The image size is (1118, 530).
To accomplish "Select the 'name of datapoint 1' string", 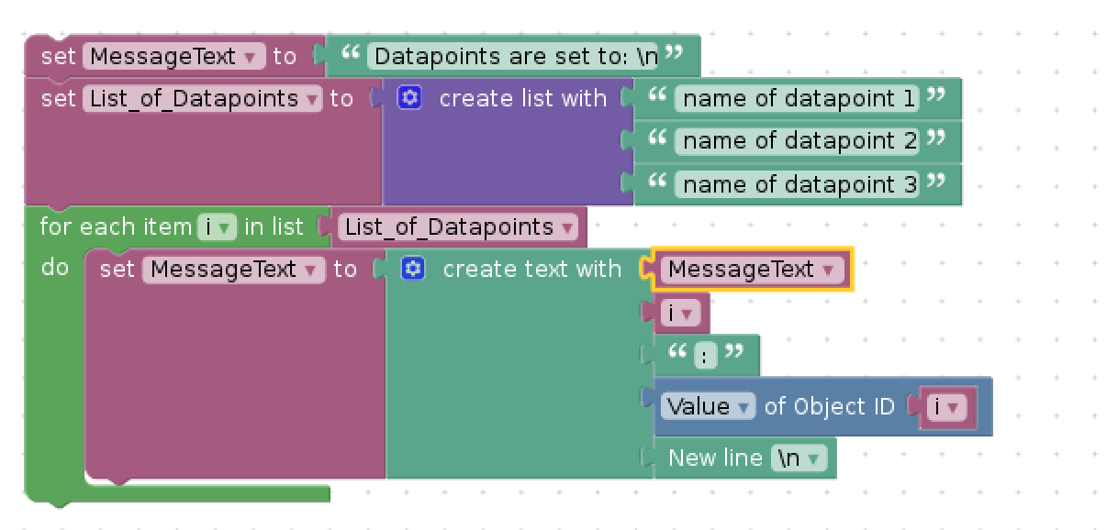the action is [x=797, y=98].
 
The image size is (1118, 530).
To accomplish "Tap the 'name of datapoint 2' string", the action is [x=797, y=141].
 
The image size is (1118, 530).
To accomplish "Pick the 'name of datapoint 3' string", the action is [x=797, y=184].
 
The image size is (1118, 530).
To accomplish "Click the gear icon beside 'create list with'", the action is [x=409, y=98].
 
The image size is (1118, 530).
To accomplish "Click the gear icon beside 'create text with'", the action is [x=413, y=269].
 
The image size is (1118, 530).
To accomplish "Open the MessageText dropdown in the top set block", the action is [x=173, y=56].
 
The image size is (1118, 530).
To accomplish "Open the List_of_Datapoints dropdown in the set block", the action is [x=202, y=98].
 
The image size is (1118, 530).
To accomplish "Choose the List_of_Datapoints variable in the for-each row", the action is [x=458, y=226].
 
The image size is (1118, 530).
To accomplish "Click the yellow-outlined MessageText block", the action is [x=752, y=270].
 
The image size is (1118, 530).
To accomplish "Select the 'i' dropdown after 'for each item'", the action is [x=218, y=227].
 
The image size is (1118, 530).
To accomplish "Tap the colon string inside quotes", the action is [x=705, y=356].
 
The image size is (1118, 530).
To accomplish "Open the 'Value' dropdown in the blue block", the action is [x=708, y=406].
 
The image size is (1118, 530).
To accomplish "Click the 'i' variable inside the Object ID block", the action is [x=946, y=407].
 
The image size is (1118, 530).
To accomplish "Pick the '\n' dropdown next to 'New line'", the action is [x=799, y=458].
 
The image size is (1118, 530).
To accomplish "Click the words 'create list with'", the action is [x=522, y=98].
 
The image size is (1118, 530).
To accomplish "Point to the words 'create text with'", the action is [x=532, y=270].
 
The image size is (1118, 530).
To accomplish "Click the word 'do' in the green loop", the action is [x=55, y=268].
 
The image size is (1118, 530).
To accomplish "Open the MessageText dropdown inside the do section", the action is [x=233, y=270].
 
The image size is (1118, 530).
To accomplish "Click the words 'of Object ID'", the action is [x=830, y=407].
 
